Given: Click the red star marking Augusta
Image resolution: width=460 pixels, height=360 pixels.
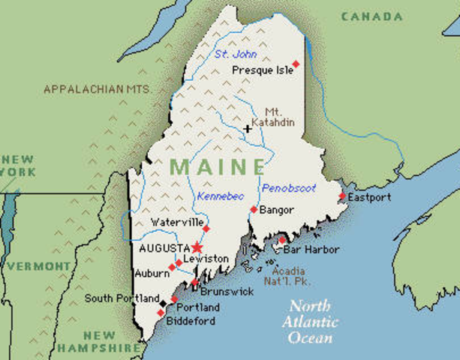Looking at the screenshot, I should [x=197, y=247].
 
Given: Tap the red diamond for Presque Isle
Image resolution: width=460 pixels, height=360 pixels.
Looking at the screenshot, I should [x=296, y=64].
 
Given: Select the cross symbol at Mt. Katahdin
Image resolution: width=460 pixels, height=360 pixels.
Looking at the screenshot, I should [x=248, y=129].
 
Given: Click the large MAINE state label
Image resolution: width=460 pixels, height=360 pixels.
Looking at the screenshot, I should [x=218, y=166].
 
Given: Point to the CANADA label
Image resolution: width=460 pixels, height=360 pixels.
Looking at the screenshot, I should [x=371, y=16].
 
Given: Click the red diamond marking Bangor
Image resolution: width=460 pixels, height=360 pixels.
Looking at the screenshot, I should [x=254, y=209].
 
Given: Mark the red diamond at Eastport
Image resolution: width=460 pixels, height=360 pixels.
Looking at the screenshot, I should [x=342, y=196].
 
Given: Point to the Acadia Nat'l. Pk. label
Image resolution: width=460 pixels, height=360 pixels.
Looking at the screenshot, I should [x=293, y=276].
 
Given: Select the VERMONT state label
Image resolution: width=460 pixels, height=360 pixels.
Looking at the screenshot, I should [x=39, y=266].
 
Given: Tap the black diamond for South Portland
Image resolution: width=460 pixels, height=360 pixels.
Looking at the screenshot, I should [x=164, y=303].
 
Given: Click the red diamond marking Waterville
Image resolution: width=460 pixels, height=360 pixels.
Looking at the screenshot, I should [x=206, y=229].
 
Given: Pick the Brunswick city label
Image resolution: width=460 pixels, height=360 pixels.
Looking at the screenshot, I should [x=227, y=291].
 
